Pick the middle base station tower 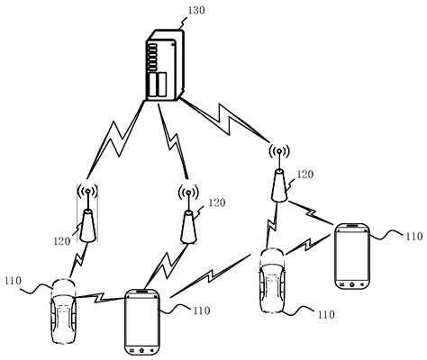pyautogui.click(x=187, y=225)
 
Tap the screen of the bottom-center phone pyautogui.click(x=142, y=319)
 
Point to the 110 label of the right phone pyautogui.click(x=412, y=236)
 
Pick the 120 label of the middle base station pyautogui.click(x=217, y=203)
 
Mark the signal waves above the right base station pyautogui.click(x=277, y=154)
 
